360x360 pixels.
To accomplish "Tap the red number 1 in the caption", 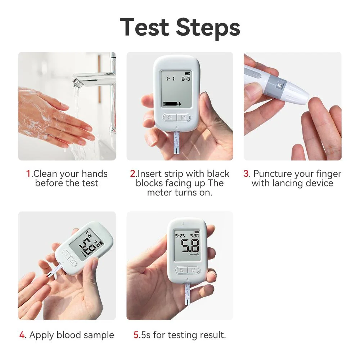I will coord(28,174).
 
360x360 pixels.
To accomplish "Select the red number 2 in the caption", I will coord(133,174).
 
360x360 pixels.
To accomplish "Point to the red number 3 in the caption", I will coord(246,174).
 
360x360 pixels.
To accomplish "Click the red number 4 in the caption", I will coord(22,335).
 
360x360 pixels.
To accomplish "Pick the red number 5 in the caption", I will coord(136,335).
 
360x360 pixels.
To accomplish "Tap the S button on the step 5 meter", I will coord(181,270).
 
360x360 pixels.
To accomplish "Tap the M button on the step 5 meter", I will coord(193,270).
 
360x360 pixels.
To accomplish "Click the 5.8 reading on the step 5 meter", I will coord(190,247).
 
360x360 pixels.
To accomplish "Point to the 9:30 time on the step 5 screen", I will coord(194,236).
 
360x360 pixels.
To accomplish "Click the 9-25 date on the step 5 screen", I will coord(180,236).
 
